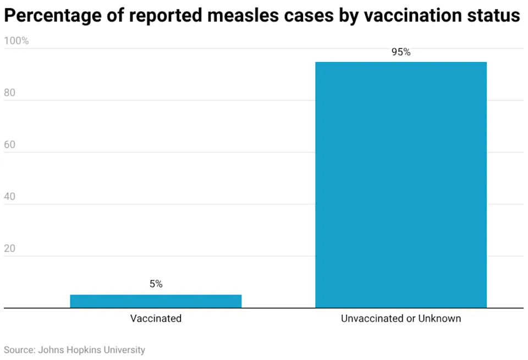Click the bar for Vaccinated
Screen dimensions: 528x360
click(x=156, y=301)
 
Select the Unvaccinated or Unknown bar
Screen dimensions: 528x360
click(x=401, y=185)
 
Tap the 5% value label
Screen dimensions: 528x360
click(x=156, y=284)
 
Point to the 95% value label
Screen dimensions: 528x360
click(x=401, y=52)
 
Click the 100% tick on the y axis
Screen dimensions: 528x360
click(x=16, y=41)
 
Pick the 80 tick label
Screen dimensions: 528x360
click(x=10, y=92)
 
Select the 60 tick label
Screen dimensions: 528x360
click(x=10, y=145)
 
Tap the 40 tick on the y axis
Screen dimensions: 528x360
click(x=10, y=196)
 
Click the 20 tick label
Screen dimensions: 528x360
click(x=10, y=248)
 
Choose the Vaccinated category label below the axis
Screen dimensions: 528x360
click(x=156, y=318)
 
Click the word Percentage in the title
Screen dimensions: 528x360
click(x=53, y=16)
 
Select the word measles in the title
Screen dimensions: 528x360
click(x=243, y=15)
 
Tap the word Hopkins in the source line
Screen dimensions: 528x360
click(x=84, y=350)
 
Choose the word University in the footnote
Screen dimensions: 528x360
click(x=124, y=350)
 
